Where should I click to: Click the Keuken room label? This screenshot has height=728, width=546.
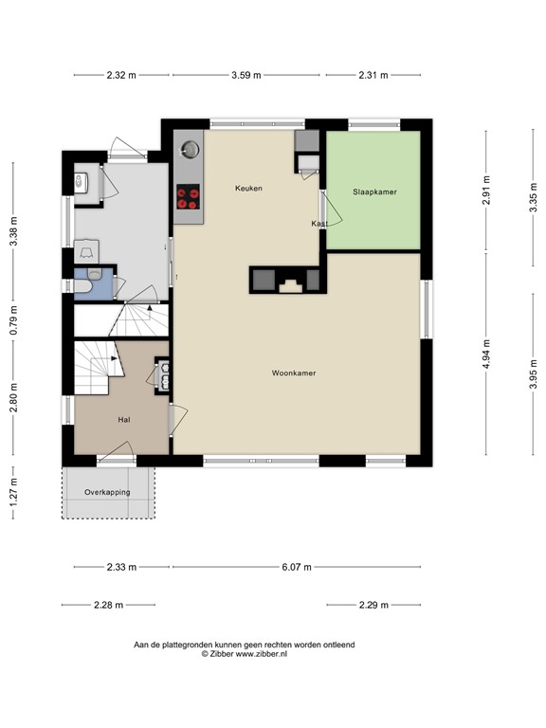coord(248,188)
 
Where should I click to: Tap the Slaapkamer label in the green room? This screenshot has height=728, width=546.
coord(374,191)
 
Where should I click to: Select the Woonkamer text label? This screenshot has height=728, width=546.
coord(294,373)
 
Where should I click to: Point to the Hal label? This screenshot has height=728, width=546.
coord(124,420)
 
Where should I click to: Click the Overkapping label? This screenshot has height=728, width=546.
coord(107,492)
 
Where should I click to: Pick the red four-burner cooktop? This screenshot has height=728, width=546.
coord(189,197)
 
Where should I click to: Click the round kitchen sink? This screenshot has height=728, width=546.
coord(190,150)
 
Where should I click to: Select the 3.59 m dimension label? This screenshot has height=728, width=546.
coord(246,75)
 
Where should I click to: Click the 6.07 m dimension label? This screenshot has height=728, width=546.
coord(297,567)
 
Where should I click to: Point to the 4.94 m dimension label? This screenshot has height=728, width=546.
coord(486,355)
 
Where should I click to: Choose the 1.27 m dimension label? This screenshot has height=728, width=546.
coord(13,492)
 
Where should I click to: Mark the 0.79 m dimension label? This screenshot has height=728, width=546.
coord(13,319)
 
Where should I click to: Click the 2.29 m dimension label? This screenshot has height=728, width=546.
coord(373,605)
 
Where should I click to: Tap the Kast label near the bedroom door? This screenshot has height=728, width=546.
coord(319,224)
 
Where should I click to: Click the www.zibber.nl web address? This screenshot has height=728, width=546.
coord(262,654)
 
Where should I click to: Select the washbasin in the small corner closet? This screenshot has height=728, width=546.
coord(82,182)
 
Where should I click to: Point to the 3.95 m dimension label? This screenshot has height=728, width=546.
coord(533,374)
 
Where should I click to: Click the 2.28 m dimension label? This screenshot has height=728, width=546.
coord(109,605)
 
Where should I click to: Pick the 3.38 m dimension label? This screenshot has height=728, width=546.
coord(13,231)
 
